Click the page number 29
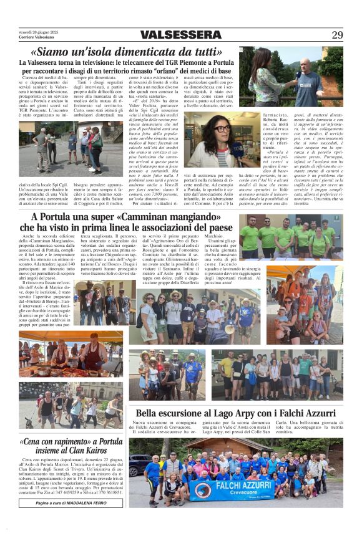point(337,35)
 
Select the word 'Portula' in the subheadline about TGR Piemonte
point(215,63)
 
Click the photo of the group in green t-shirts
point(291,237)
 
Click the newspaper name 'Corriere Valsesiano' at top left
point(36,38)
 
